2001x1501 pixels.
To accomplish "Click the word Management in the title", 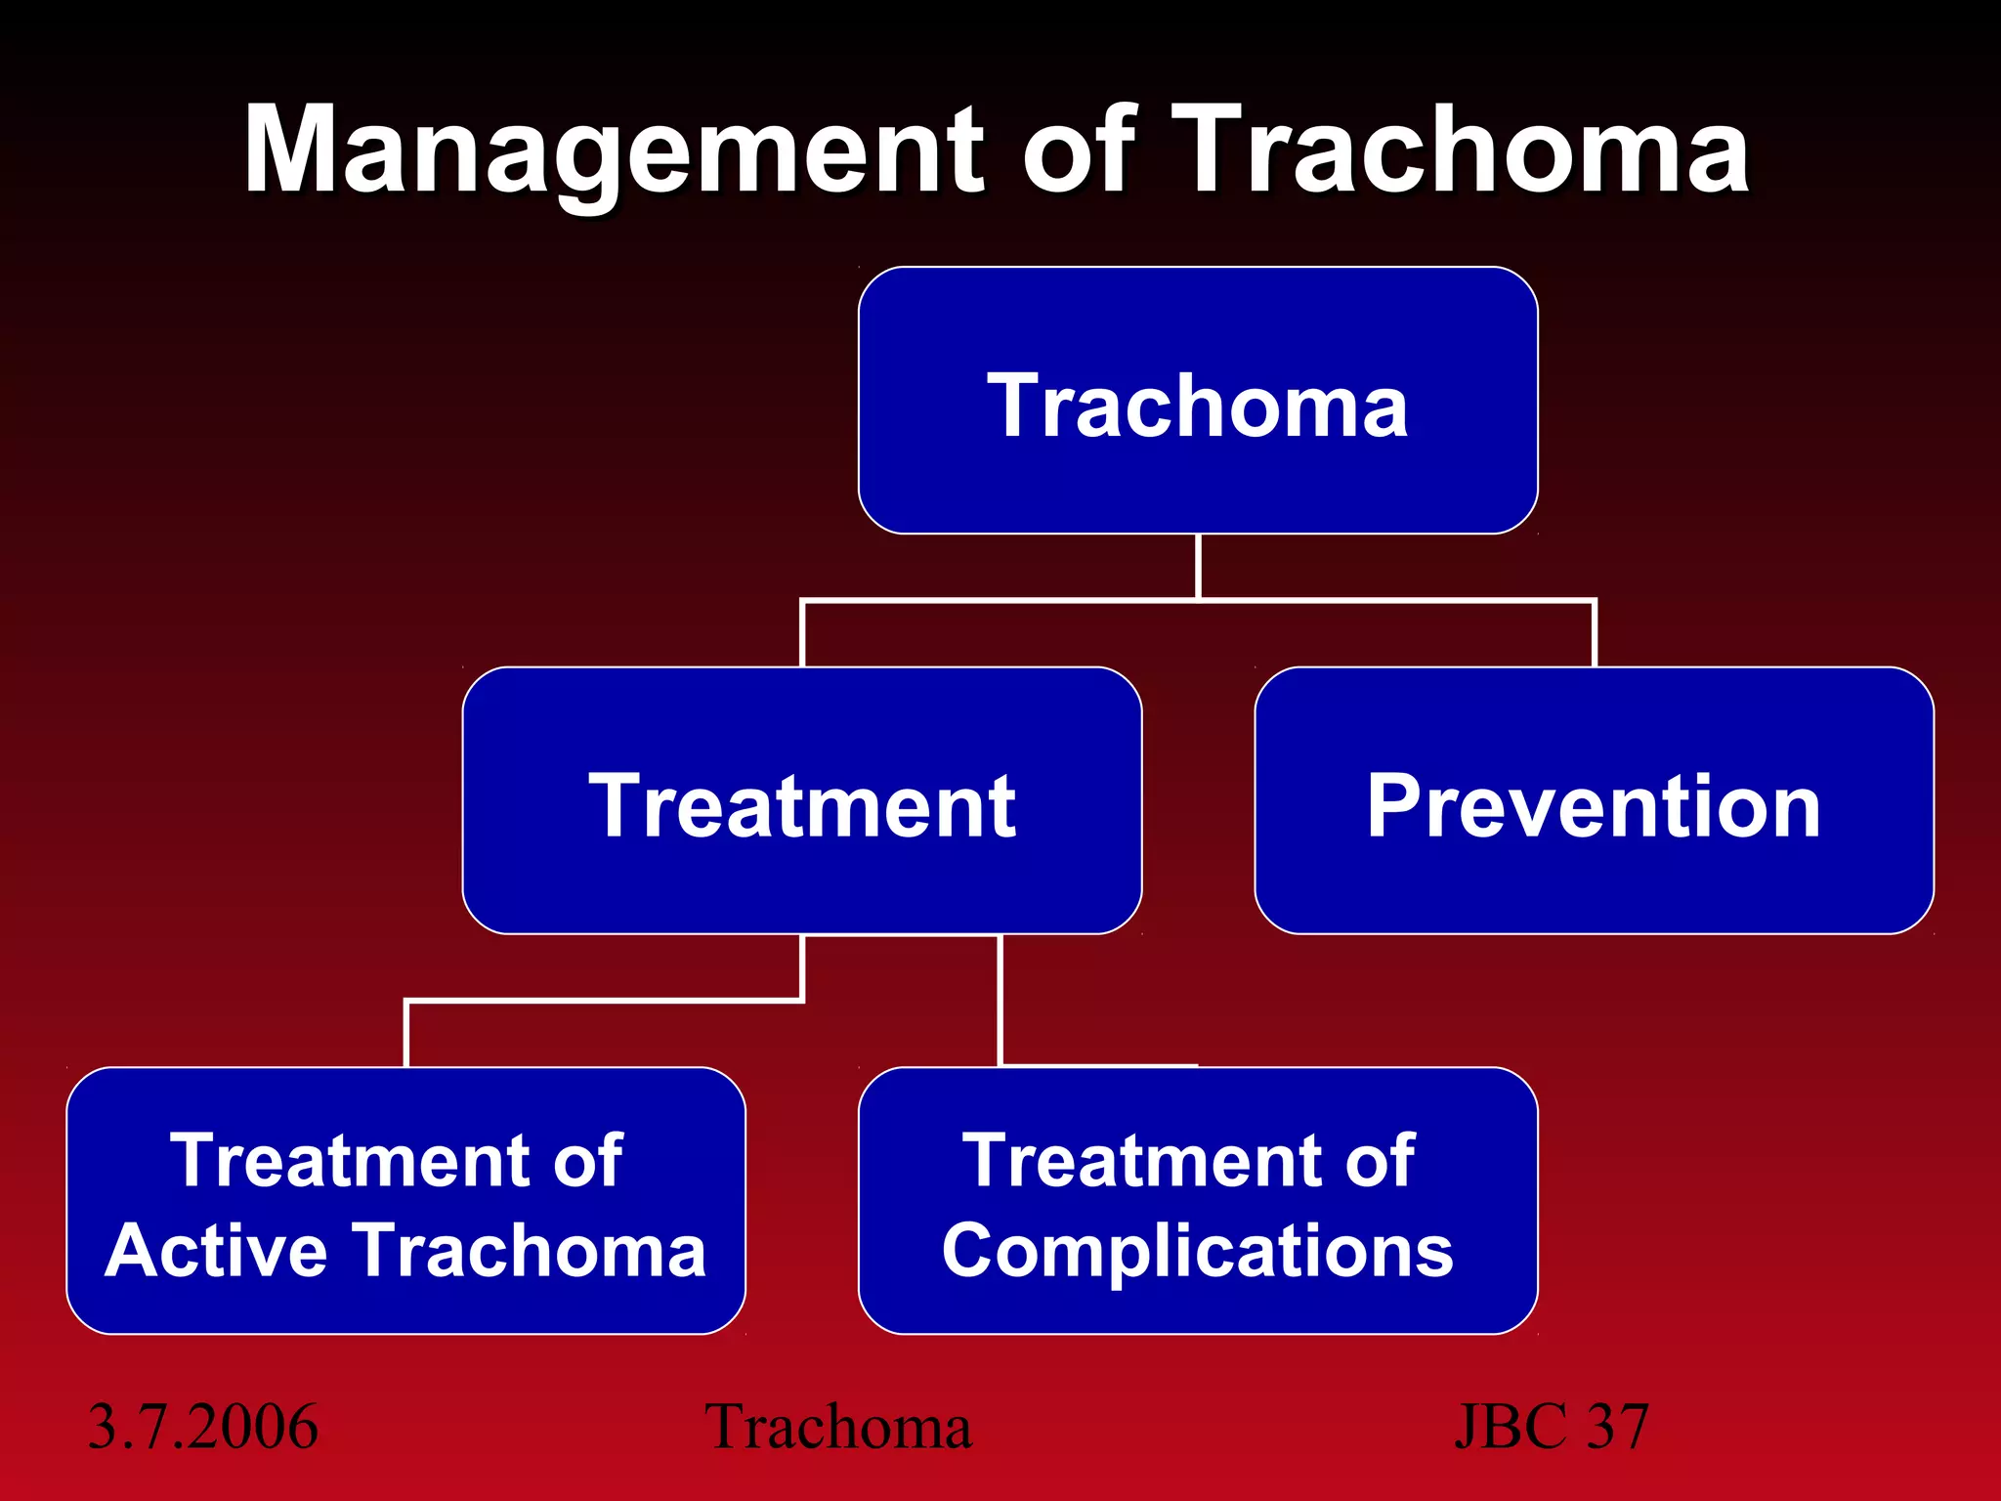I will point(616,151).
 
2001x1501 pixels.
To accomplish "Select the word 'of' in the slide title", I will point(1078,151).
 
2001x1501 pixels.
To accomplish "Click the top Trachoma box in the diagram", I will point(1198,401).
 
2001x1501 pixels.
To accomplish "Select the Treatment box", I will point(801,801).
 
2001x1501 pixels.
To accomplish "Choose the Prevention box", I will point(1594,801).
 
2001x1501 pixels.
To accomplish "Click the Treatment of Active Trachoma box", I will point(405,1201).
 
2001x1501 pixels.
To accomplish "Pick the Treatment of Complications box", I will point(1198,1201).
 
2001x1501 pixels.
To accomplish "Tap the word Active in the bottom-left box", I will point(216,1250).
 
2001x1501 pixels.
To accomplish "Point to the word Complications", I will point(1198,1250).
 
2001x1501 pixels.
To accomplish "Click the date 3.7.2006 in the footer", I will point(203,1426).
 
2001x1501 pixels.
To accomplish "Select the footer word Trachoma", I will point(838,1426).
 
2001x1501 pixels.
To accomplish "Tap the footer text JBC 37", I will point(1552,1426).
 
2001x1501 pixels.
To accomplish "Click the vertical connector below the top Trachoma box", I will point(1198,566).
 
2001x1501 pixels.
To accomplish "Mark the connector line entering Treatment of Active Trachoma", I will point(405,1034).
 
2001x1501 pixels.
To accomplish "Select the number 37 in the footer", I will point(1618,1426).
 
